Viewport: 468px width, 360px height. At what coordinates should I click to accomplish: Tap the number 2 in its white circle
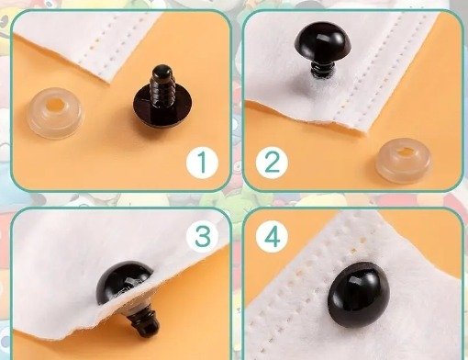(271, 163)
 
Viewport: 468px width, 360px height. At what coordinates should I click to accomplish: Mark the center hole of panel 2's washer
(405, 151)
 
